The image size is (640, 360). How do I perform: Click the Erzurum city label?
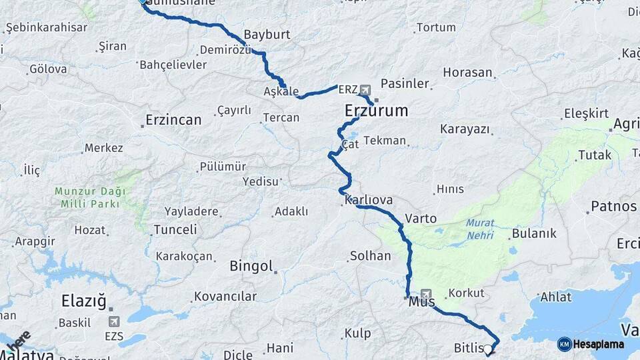coord(376,111)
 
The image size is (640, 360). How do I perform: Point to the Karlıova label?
coord(369,200)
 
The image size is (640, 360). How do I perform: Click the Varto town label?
coord(421,219)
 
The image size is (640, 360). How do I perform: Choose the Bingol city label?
coord(251,267)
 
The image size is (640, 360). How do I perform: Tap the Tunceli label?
coord(175,230)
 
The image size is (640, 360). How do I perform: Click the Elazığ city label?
coord(84,301)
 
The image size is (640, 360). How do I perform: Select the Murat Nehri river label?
coord(480,229)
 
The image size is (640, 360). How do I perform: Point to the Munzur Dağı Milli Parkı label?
coord(89,198)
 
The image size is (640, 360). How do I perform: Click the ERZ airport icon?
coord(365,89)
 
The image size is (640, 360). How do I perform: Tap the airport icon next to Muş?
coord(427,293)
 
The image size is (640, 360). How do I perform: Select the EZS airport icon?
coord(114,321)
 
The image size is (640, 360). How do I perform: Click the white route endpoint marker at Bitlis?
coord(488,349)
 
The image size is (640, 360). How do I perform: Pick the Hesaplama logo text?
coord(598,345)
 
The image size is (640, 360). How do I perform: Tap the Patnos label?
coord(614,207)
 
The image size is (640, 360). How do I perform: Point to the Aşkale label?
coord(281,91)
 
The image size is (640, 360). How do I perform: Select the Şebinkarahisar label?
coord(46,27)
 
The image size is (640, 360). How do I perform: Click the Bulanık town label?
coord(533,234)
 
